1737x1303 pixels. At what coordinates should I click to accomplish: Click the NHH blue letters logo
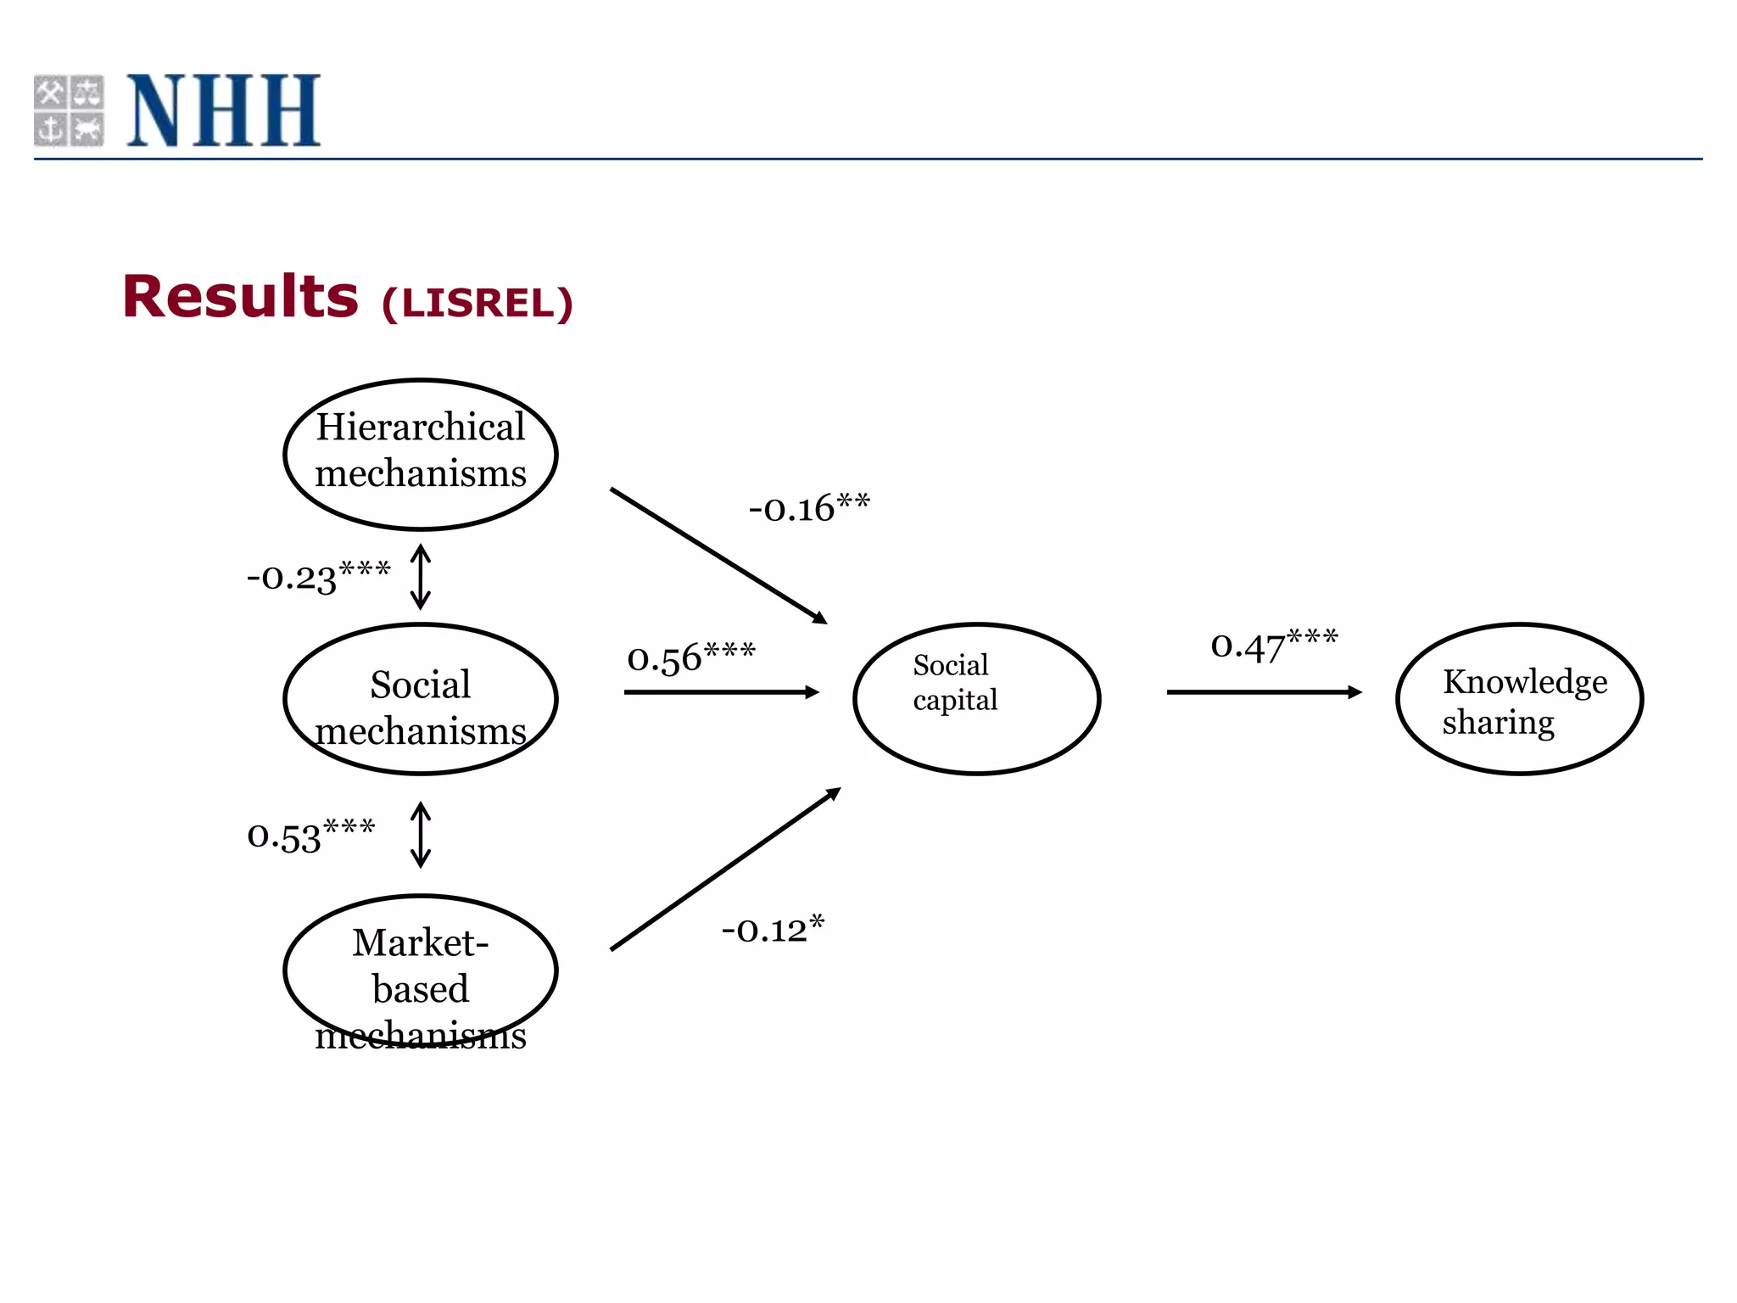(224, 110)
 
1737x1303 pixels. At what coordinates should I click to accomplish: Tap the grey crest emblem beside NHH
(69, 110)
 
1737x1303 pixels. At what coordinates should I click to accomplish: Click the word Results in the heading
(241, 297)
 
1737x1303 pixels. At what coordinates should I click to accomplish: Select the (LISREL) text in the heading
(478, 304)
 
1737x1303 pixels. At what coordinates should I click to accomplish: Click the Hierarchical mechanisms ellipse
(421, 454)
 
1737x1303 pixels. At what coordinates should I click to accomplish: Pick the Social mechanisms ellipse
(421, 699)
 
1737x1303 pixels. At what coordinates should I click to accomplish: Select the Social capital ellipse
(976, 699)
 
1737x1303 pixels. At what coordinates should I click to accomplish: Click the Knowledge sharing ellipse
(1519, 699)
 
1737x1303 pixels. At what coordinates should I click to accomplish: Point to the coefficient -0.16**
(809, 507)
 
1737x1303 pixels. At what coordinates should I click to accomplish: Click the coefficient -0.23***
(319, 576)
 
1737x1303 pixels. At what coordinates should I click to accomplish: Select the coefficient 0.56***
(690, 657)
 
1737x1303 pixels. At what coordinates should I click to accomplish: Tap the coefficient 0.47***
(1274, 645)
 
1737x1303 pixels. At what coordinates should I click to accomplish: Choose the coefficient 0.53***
(310, 835)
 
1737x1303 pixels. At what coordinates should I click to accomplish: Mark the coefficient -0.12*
(773, 929)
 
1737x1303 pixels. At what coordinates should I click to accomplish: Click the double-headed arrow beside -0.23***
(421, 577)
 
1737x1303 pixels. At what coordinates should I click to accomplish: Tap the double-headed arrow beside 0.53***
(421, 835)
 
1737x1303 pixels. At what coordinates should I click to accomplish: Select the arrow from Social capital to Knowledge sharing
(1264, 692)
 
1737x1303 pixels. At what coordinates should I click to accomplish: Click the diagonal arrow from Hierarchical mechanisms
(718, 556)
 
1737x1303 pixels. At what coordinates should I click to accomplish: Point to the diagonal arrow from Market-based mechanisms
(725, 870)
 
